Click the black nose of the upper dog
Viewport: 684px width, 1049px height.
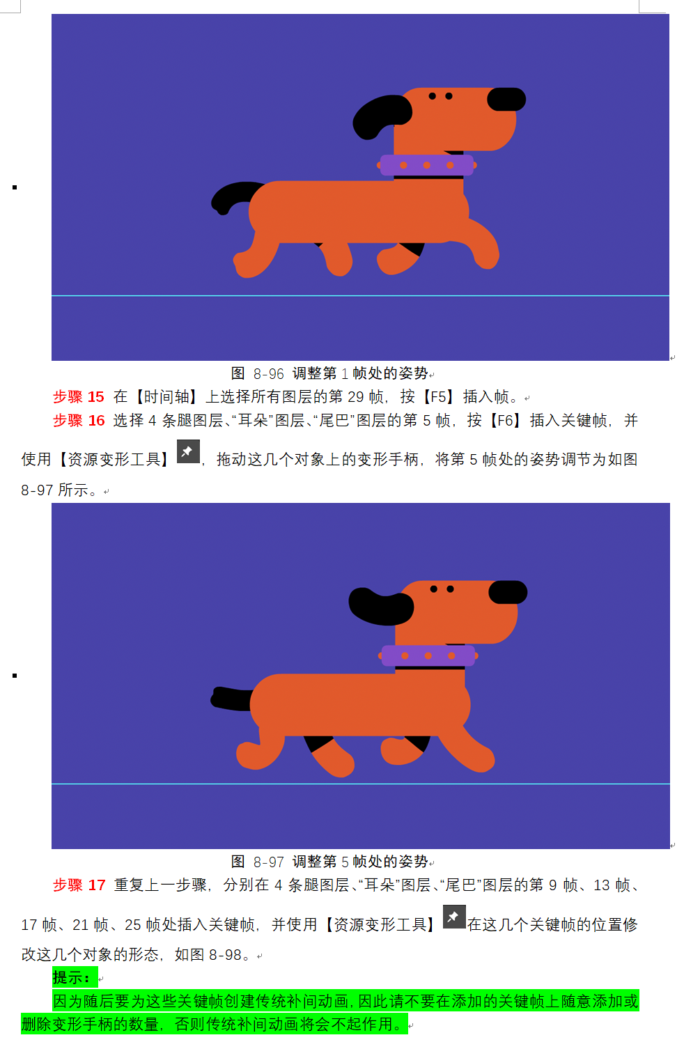click(506, 100)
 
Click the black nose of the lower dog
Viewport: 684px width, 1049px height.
click(508, 592)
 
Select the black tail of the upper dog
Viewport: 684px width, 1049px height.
click(234, 196)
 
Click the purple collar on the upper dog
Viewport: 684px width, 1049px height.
click(427, 165)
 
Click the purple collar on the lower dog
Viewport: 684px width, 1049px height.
click(428, 655)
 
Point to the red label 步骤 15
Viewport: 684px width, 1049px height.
click(78, 396)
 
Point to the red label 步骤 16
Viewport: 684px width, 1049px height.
click(78, 420)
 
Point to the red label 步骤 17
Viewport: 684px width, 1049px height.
click(79, 885)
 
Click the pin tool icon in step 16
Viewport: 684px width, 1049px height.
click(188, 451)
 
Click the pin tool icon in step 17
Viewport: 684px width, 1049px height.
click(454, 917)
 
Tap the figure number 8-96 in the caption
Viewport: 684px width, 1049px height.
click(268, 374)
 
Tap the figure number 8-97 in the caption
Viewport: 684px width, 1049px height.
click(268, 862)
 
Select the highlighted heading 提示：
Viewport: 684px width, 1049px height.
click(72, 977)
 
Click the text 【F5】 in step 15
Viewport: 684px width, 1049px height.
click(439, 396)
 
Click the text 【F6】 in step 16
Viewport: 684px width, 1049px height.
click(506, 420)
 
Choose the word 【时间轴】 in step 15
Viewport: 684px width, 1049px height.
click(166, 396)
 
